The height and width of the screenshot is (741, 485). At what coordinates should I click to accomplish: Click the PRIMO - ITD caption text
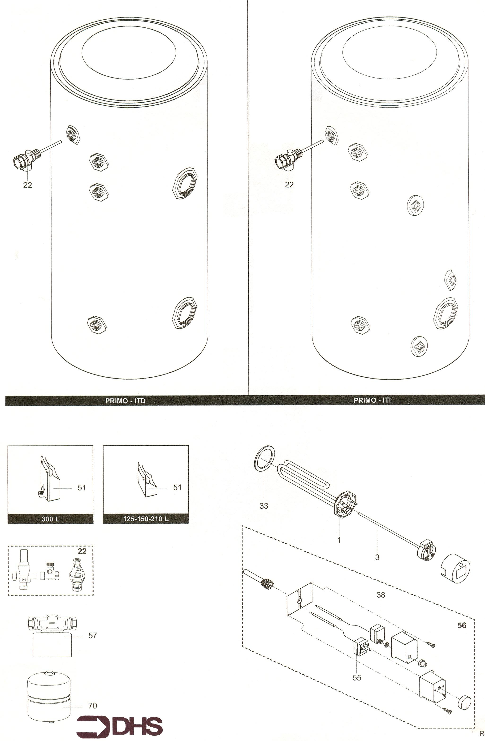126,401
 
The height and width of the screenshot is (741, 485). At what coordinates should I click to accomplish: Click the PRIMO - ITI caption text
372,400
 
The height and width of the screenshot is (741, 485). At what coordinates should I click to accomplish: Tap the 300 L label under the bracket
51,519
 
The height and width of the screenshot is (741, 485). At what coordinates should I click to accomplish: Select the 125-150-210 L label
146,519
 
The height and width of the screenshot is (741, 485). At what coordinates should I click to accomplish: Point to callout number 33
264,506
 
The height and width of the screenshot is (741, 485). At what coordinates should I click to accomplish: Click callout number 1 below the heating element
339,540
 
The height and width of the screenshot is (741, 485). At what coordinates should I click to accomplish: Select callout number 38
381,595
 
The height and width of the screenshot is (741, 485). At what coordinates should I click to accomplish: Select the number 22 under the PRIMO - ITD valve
27,185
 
